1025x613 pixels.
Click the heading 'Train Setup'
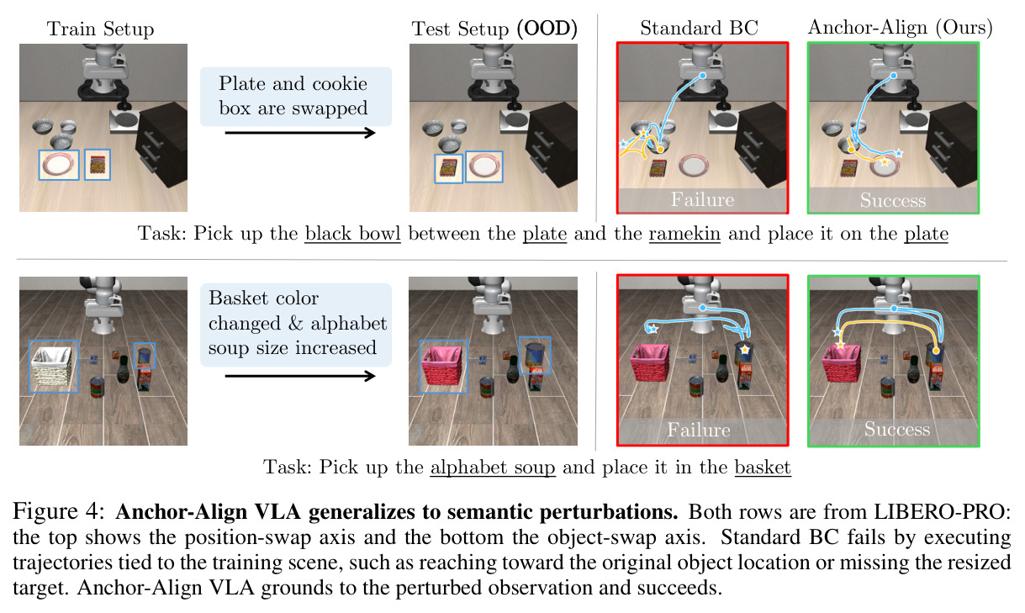(101, 29)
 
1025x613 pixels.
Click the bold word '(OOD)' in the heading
(547, 29)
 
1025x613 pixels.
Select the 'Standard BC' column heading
(700, 29)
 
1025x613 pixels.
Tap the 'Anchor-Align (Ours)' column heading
(900, 28)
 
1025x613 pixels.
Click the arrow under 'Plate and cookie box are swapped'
(300, 133)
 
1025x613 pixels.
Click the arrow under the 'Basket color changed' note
(300, 377)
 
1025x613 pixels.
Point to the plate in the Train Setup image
(59, 165)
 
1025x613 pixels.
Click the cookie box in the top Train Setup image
(98, 165)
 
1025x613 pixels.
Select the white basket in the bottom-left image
(52, 366)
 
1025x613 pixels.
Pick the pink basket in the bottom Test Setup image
(443, 367)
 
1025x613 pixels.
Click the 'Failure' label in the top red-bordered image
(702, 199)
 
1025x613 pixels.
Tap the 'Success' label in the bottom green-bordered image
(897, 429)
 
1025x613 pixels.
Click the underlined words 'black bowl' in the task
(353, 233)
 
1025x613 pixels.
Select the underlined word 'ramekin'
(684, 233)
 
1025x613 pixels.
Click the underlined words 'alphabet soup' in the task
(493, 467)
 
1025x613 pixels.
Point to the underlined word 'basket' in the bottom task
(763, 467)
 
